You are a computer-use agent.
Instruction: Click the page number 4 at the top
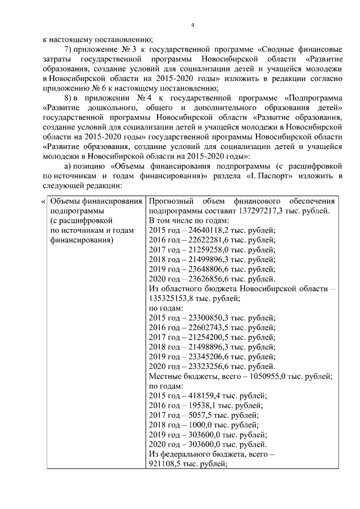(192, 24)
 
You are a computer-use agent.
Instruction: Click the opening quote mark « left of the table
(43, 201)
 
